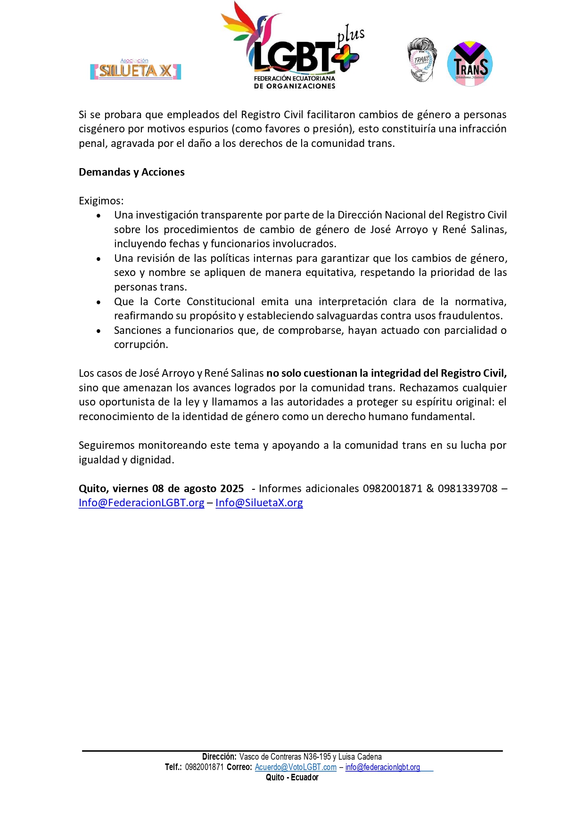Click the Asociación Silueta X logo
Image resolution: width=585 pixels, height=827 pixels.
click(x=136, y=70)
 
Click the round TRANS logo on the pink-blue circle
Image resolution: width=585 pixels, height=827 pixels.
click(x=470, y=64)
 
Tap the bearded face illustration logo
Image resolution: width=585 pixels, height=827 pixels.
click(x=422, y=60)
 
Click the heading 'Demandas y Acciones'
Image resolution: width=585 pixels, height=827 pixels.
click(x=132, y=172)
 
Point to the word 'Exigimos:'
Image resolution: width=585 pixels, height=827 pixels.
click(x=101, y=201)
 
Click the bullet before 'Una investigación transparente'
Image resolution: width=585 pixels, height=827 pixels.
click(x=99, y=216)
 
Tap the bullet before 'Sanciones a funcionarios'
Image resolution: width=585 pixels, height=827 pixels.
click(x=99, y=331)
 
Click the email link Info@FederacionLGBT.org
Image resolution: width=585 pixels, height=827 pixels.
click(x=141, y=503)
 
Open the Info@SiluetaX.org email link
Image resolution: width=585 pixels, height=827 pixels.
click(x=259, y=503)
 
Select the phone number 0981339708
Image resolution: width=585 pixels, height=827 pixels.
click(x=467, y=489)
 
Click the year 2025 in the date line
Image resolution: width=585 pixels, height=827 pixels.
click(x=231, y=489)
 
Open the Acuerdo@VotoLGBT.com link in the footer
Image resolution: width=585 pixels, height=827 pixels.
click(x=296, y=767)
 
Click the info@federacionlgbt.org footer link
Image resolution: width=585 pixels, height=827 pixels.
click(x=382, y=767)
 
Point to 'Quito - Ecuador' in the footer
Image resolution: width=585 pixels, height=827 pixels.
click(x=292, y=778)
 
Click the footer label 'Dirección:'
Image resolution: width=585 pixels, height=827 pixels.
click(x=219, y=757)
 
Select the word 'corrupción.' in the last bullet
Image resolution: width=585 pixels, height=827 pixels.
click(x=141, y=345)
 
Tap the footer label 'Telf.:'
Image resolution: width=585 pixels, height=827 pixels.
click(x=173, y=767)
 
